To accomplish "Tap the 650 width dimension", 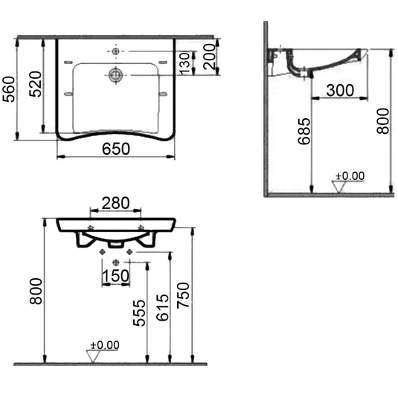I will click(x=116, y=149).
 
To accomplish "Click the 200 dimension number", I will click(x=211, y=57).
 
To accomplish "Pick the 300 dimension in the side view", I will click(x=339, y=89).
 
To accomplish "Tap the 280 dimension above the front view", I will click(x=115, y=202).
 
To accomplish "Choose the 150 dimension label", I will click(x=116, y=275).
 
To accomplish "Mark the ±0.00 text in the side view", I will click(x=350, y=176).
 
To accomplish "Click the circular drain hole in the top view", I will click(x=116, y=74).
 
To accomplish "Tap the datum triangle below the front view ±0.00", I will click(x=94, y=356).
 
